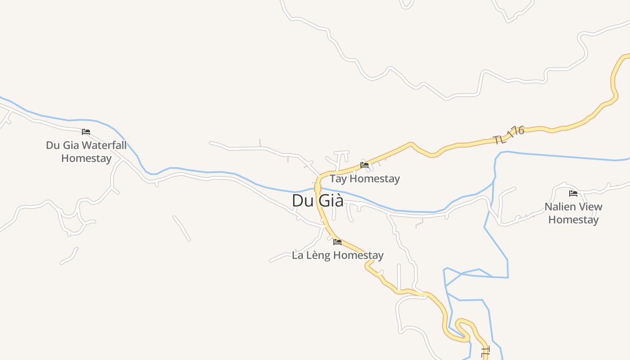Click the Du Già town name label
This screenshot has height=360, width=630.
point(317,201)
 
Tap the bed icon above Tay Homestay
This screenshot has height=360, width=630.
point(364,165)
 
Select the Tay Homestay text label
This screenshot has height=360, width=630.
point(364,179)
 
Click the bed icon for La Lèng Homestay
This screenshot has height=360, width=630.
point(337,242)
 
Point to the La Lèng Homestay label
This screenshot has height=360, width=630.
point(337,255)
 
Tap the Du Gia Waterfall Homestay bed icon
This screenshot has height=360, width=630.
point(86,132)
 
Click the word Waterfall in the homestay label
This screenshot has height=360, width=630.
point(104,145)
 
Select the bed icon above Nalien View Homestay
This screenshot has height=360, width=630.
point(573,193)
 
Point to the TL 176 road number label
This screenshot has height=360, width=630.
point(509,135)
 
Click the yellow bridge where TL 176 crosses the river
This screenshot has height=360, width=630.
point(317,188)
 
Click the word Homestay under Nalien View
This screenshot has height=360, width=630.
point(573,220)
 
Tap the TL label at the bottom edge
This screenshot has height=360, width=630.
point(486,352)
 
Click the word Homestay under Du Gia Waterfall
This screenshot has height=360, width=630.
point(86,158)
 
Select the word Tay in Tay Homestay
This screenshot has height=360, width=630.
point(338,179)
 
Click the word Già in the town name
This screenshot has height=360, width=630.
point(331,201)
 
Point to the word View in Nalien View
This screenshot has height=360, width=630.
point(590,207)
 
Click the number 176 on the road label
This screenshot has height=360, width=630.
point(516,132)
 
